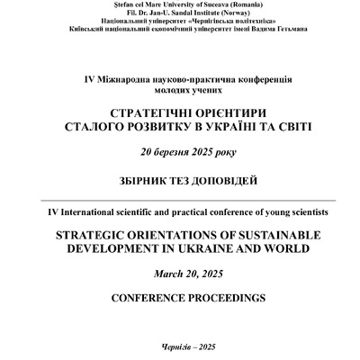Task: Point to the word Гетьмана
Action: point(287,28)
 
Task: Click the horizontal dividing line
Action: point(180,201)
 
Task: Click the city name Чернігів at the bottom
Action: point(166,348)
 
